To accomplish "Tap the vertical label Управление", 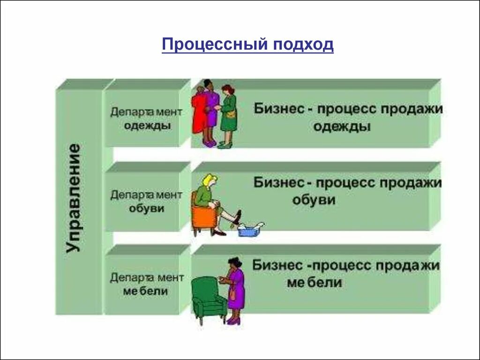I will click(x=73, y=198).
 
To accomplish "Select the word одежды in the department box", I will click(x=147, y=126).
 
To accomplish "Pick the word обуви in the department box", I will click(x=147, y=208).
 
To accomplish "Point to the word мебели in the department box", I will click(x=146, y=291).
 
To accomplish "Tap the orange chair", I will click(x=202, y=217).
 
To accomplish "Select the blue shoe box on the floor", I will click(x=248, y=230).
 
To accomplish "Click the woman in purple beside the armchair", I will click(x=235, y=288).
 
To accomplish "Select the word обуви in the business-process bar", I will click(x=314, y=200).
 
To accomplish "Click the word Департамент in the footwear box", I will click(x=146, y=194).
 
